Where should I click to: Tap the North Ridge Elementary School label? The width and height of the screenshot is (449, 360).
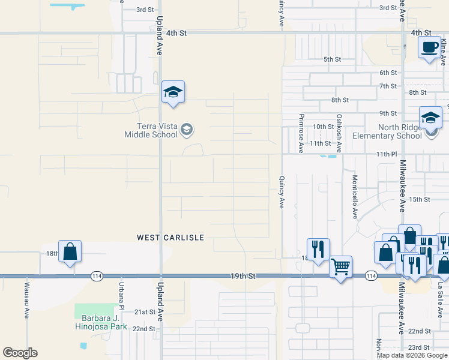click(400, 131)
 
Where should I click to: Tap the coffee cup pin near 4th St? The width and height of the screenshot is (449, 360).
click(429, 48)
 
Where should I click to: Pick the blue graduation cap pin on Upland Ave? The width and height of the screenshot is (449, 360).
click(173, 92)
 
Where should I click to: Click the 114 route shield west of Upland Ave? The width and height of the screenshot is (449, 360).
click(97, 276)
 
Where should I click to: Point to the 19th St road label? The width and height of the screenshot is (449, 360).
click(243, 276)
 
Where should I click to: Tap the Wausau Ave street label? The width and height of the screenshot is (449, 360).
click(27, 296)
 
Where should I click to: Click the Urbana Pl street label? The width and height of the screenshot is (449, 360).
click(121, 295)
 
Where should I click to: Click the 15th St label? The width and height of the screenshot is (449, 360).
click(420, 199)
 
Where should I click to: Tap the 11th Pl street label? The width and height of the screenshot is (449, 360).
click(387, 154)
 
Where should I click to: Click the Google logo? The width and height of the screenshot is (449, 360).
click(20, 353)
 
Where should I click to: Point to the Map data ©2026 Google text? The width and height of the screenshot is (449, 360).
click(411, 355)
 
